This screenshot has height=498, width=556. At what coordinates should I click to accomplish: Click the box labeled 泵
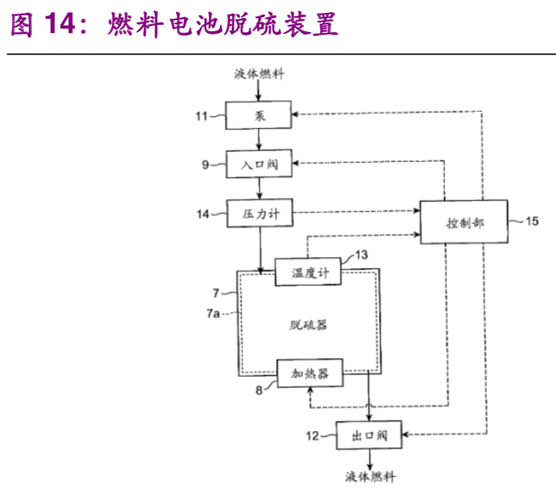(259, 115)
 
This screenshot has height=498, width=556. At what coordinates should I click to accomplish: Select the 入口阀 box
(259, 164)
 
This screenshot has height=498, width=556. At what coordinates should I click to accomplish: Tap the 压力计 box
(259, 214)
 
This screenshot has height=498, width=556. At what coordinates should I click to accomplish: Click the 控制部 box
(464, 222)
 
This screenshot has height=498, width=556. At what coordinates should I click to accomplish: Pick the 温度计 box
(308, 273)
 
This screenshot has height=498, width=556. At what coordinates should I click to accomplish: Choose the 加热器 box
(309, 373)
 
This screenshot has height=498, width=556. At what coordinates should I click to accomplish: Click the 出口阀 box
(369, 436)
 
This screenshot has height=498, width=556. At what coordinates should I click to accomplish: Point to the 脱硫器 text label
(308, 325)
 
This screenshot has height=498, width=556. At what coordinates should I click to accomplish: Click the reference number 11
(202, 116)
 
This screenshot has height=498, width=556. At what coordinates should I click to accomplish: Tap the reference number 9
(205, 165)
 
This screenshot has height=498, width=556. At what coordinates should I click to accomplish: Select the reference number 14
(202, 214)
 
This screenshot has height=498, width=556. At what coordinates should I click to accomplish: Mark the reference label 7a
(213, 314)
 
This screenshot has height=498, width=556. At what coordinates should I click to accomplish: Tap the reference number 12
(312, 436)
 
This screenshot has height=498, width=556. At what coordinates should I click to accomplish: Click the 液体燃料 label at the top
(259, 75)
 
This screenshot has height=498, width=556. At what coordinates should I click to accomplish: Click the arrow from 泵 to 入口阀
(259, 139)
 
